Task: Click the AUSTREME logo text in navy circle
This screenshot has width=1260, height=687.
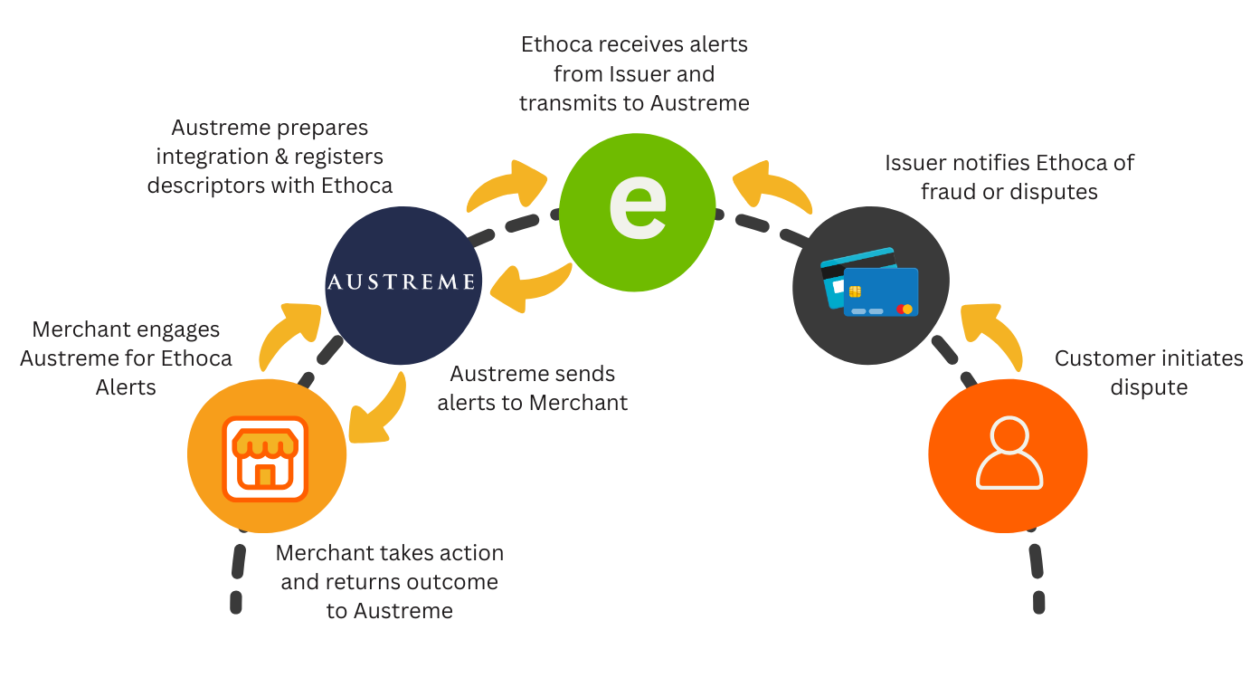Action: click(401, 282)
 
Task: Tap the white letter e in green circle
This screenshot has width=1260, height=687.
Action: click(638, 204)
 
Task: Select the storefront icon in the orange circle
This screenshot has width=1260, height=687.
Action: click(266, 459)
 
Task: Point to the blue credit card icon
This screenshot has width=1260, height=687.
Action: click(879, 291)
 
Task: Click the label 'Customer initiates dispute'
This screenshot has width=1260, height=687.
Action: click(1149, 373)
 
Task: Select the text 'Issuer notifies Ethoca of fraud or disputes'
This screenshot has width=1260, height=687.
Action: click(1009, 177)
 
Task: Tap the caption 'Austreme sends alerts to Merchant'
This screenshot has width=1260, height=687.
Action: click(532, 388)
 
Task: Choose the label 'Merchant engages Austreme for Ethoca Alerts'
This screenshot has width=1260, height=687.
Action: click(126, 358)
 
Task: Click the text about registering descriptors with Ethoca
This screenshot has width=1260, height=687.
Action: click(270, 157)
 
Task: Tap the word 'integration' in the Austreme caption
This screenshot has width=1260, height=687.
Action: click(212, 157)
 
